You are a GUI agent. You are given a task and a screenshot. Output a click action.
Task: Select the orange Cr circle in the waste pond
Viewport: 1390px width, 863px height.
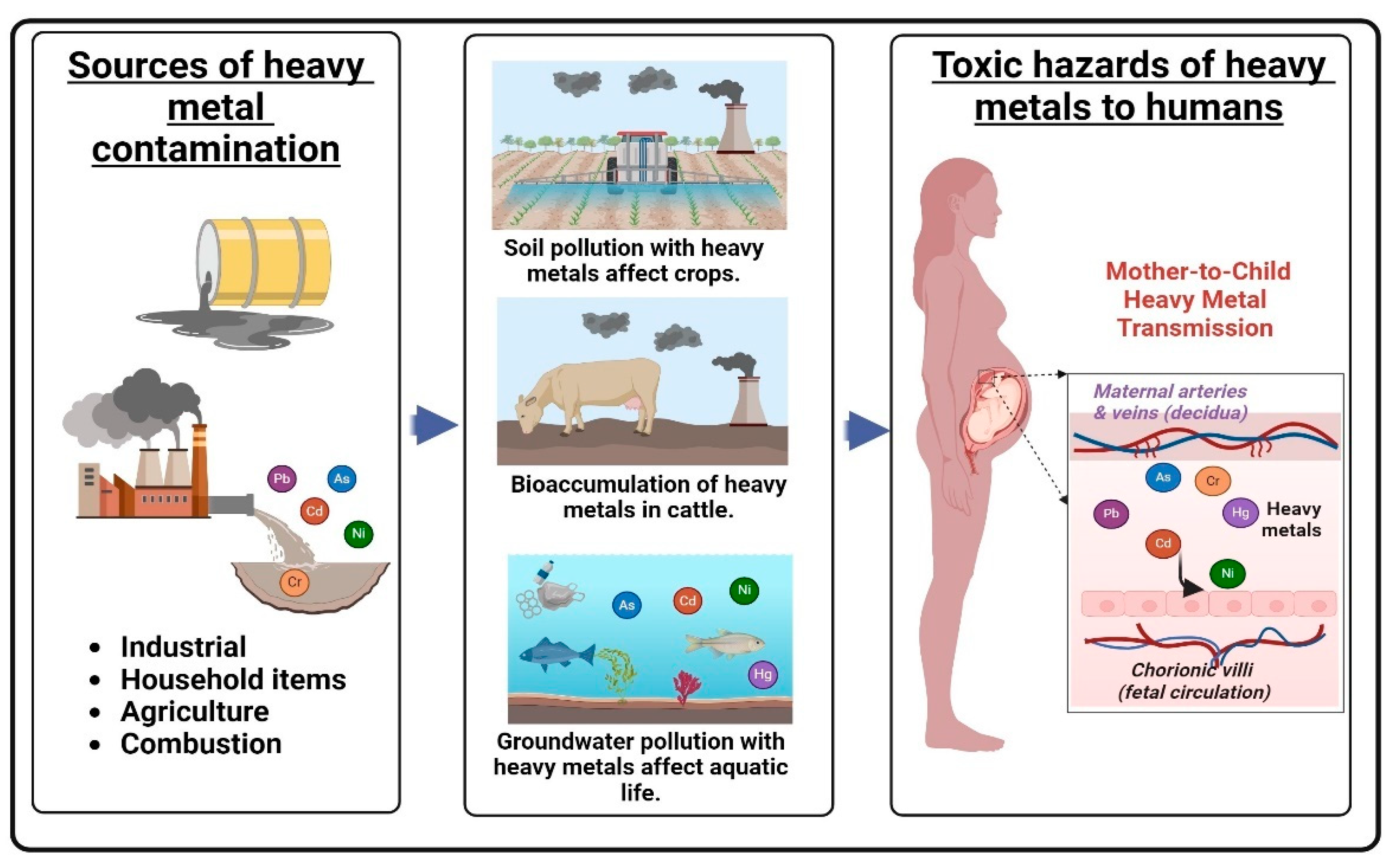point(294,582)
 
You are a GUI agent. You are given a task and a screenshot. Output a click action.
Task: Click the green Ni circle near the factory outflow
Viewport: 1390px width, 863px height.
point(358,534)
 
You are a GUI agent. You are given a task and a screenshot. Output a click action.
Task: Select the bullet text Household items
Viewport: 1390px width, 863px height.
point(233,679)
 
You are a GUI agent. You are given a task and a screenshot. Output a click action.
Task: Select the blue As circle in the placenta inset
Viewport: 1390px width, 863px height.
point(1163,477)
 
